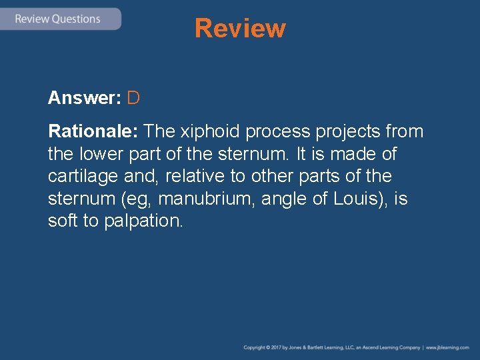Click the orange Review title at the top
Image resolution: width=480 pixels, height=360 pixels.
click(240, 29)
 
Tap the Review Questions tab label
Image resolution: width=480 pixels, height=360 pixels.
click(58, 19)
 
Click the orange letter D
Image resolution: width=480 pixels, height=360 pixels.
click(133, 98)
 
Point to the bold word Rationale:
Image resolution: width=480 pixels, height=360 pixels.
click(93, 131)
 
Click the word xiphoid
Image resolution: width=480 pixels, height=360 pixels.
click(210, 131)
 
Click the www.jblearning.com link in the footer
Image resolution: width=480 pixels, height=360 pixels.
click(448, 347)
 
